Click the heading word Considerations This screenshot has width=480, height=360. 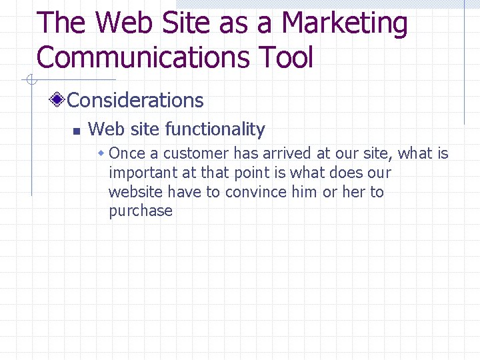(x=135, y=100)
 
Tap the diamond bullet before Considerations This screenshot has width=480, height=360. (x=59, y=101)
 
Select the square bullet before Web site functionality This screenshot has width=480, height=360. (x=77, y=130)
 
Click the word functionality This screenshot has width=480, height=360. (x=215, y=129)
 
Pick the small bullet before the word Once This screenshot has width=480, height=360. (x=101, y=154)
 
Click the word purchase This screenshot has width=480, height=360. (x=140, y=211)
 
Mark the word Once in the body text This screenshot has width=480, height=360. (x=127, y=153)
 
